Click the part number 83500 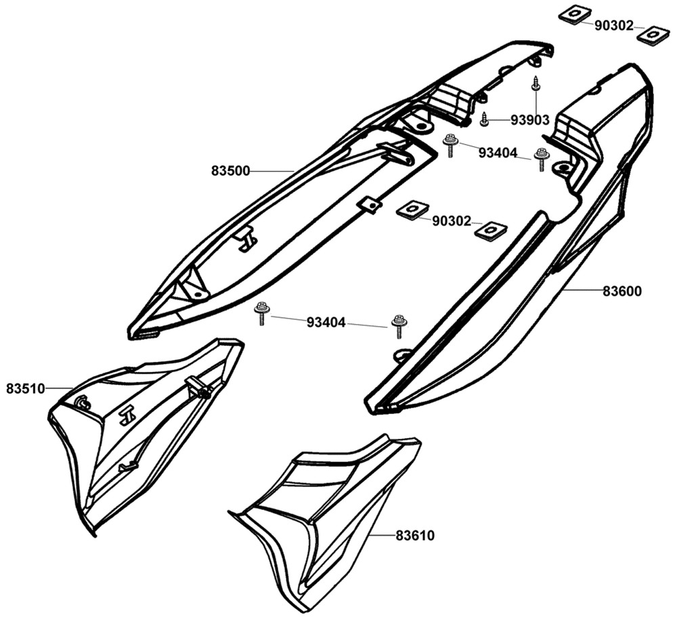230,172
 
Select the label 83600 622,292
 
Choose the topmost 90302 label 614,26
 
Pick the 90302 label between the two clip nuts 452,221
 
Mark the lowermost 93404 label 326,323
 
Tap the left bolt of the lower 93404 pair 261,313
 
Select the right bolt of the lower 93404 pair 397,325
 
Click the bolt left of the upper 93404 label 450,145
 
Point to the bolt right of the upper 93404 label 541,160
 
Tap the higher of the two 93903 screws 536,84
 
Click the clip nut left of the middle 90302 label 410,210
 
